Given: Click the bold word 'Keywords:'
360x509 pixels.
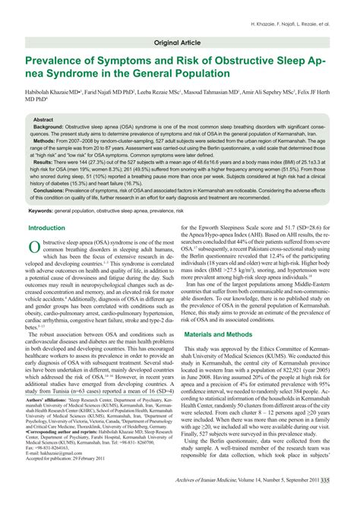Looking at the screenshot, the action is click(44, 210).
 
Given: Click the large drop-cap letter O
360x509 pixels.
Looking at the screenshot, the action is click(35, 246).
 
